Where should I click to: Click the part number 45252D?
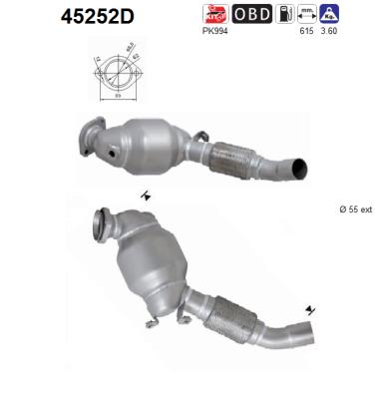(x=68, y=17)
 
